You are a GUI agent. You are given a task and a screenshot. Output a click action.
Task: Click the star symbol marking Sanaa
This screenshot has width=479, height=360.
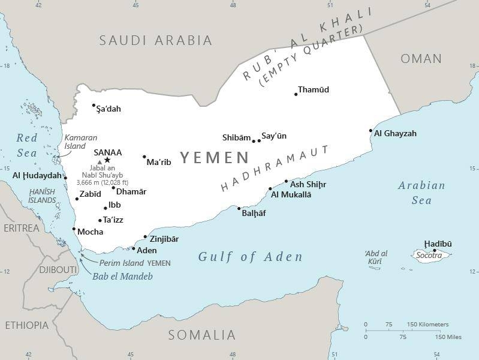(107, 160)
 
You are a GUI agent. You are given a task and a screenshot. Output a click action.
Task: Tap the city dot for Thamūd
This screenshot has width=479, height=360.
(296, 94)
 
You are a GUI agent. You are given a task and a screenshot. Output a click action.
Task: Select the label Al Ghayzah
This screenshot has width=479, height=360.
(395, 134)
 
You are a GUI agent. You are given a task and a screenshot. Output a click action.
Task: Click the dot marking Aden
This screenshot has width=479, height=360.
(133, 247)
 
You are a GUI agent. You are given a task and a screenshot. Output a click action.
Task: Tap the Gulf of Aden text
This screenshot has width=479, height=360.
(250, 257)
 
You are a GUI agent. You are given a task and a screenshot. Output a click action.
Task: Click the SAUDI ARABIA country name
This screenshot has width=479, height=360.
(156, 41)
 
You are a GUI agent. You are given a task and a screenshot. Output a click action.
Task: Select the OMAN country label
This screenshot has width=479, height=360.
(421, 59)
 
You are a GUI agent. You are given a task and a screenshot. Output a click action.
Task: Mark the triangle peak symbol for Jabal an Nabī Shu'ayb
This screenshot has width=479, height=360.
(100, 162)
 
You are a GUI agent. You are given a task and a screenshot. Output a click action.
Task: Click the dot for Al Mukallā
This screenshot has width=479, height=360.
(269, 188)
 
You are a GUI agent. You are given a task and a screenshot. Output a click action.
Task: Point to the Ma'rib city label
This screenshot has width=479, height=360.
(159, 162)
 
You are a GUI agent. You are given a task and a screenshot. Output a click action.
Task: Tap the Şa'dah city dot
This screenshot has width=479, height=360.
(94, 106)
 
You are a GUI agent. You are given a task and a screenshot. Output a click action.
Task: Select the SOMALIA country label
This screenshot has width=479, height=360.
(201, 335)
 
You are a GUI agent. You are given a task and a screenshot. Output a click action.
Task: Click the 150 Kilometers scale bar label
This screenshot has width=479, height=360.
(427, 325)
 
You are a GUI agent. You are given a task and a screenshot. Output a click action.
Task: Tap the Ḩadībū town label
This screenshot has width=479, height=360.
(438, 244)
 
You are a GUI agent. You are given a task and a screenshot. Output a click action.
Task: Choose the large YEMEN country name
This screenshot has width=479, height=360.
(214, 158)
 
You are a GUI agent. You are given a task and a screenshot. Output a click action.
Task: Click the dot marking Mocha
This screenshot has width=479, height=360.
(74, 229)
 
